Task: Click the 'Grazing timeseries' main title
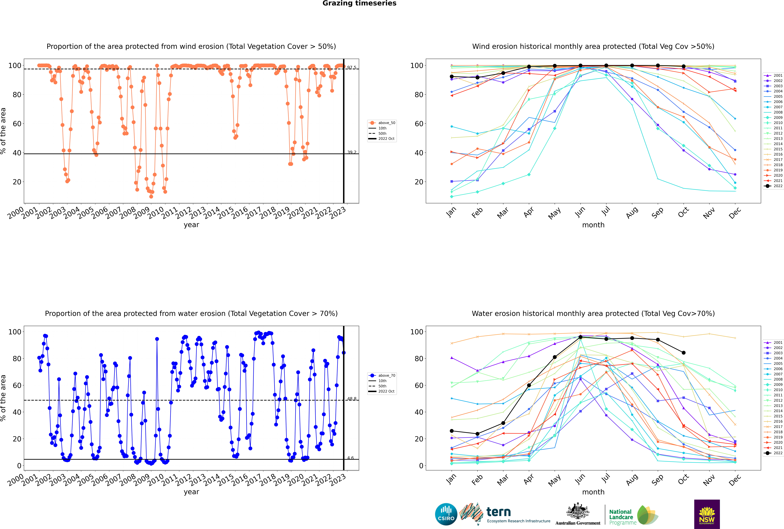359,3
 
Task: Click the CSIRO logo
446,514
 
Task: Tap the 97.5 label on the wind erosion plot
352,67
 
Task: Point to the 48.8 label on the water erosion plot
352,399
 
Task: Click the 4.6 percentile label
351,458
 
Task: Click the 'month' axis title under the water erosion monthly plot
593,492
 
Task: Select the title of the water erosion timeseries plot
191,313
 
